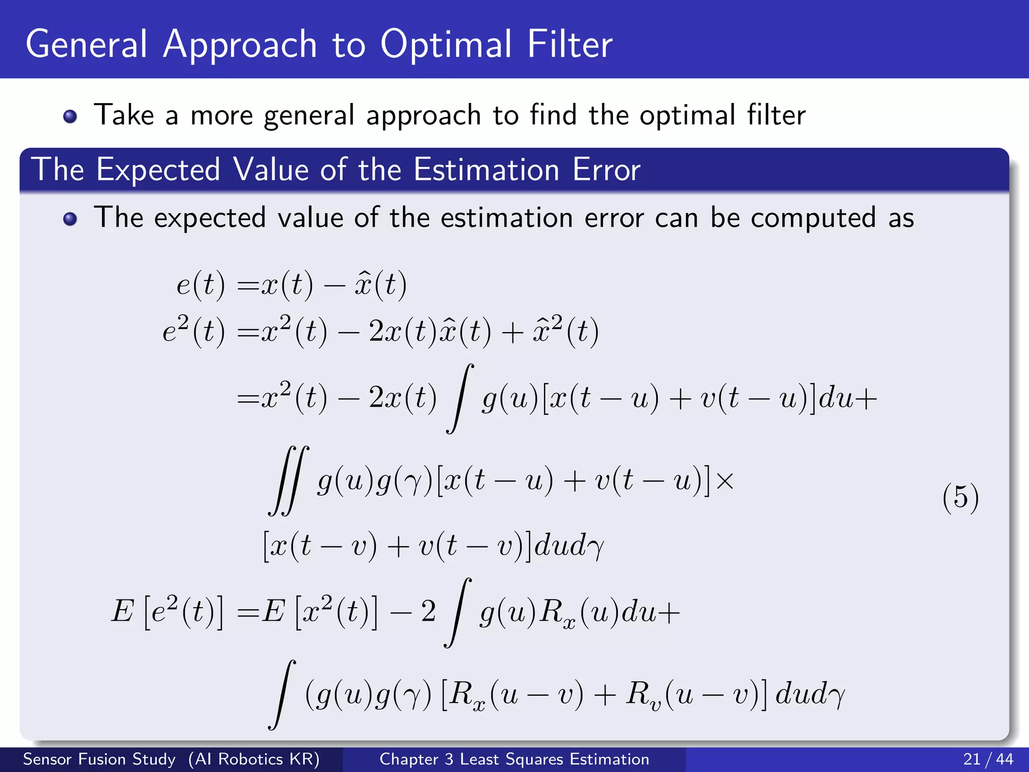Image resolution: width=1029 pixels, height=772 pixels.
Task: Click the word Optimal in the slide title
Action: click(446, 45)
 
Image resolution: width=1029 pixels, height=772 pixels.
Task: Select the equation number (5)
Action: click(960, 498)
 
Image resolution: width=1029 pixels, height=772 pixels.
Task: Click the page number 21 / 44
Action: click(988, 759)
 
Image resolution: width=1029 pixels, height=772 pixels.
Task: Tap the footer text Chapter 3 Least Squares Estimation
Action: click(514, 759)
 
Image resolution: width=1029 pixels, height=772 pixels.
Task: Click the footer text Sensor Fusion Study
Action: click(99, 759)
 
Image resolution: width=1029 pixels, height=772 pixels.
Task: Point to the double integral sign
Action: click(288, 480)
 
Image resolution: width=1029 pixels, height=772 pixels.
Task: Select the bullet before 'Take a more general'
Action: click(70, 117)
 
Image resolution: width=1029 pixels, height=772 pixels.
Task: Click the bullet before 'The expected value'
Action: click(70, 219)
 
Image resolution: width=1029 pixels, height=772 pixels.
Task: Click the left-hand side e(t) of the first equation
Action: click(200, 284)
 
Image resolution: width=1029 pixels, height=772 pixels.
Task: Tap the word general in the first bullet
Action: click(310, 116)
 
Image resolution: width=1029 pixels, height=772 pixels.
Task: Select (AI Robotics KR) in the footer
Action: click(254, 759)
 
